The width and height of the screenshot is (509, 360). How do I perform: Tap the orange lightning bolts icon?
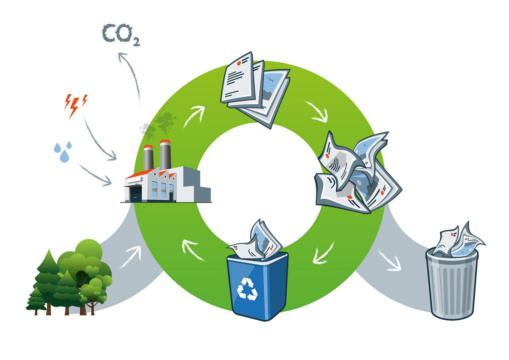point(75,104)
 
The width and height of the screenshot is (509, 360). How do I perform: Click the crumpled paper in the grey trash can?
point(458,240)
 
